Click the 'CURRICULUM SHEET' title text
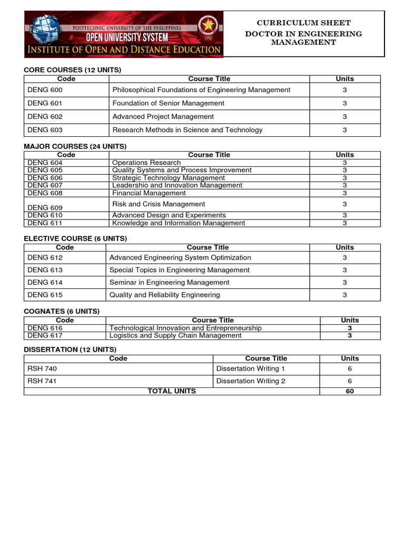click(x=303, y=23)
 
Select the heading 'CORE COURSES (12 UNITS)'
click(x=73, y=70)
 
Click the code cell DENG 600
click(x=45, y=90)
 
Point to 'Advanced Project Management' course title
click(x=163, y=117)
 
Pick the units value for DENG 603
click(x=345, y=130)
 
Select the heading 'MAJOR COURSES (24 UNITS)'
click(x=75, y=146)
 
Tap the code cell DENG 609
click(x=45, y=207)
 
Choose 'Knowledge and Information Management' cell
click(x=178, y=223)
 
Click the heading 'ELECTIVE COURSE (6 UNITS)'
click(x=75, y=238)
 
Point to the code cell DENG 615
click(x=45, y=295)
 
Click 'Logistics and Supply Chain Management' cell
click(x=175, y=336)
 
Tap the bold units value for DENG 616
click(x=349, y=328)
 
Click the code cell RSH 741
click(x=42, y=381)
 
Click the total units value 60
click(x=349, y=391)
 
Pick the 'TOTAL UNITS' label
click(x=171, y=391)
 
